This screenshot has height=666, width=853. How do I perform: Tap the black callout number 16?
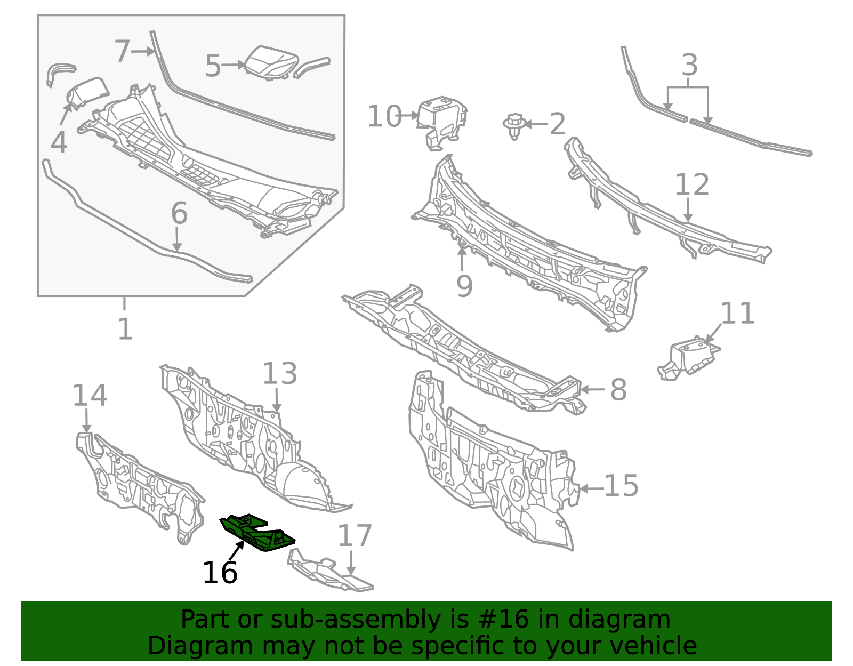click(220, 573)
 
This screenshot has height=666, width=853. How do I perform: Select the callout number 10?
click(385, 117)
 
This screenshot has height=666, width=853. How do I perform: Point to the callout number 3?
click(690, 65)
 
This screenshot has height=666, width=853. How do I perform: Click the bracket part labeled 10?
click(441, 123)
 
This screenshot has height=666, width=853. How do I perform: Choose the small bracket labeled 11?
click(689, 358)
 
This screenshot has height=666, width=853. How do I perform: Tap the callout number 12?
click(691, 184)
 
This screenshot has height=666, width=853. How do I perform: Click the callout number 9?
click(464, 286)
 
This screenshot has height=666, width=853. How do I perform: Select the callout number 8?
click(618, 390)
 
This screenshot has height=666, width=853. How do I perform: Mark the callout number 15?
click(622, 486)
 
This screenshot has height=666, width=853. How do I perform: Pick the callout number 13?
click(279, 373)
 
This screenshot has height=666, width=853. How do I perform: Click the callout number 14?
click(90, 396)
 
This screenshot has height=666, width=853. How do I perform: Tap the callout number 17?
click(355, 536)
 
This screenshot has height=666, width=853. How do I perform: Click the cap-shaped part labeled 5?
click(271, 63)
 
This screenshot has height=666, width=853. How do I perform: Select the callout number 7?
click(122, 51)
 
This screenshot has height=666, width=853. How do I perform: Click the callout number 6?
click(179, 214)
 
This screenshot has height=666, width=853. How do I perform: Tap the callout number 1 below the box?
click(125, 330)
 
